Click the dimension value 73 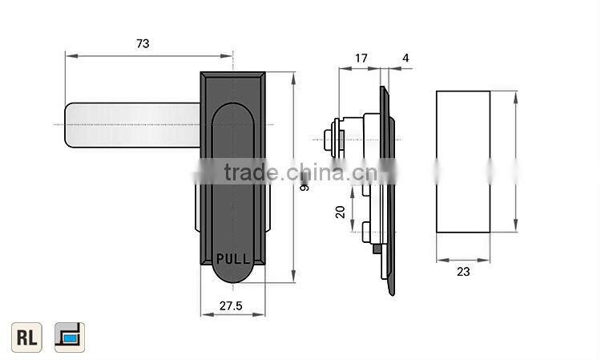click(143, 44)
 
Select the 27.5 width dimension click(232, 305)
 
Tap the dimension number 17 click(361, 58)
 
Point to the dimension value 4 click(405, 58)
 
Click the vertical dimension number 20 click(340, 212)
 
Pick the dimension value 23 click(463, 272)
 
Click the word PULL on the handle click(233, 259)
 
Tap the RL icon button click(26, 337)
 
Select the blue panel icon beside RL click(70, 337)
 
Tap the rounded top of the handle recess click(233, 108)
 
